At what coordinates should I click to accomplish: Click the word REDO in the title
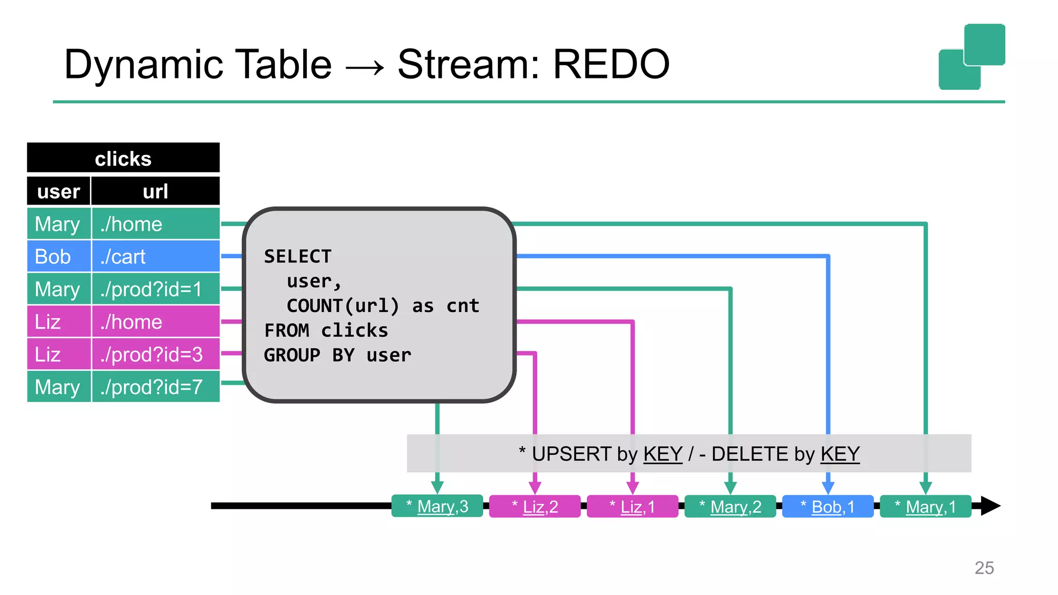coord(611,65)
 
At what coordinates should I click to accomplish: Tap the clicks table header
coord(123,158)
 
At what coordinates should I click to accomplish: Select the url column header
coord(155,191)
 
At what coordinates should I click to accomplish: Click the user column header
coord(58,191)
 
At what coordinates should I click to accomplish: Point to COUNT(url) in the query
coord(343,306)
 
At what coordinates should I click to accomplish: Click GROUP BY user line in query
coord(337,355)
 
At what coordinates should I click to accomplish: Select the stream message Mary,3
coord(437,506)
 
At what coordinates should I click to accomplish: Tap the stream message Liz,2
coord(535,507)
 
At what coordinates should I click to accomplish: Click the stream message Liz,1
coord(632,507)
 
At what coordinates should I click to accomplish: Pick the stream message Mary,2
coord(730,507)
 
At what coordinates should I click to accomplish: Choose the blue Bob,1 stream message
coord(828,507)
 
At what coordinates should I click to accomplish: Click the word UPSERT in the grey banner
coord(571,454)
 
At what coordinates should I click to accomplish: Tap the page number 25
coord(984,568)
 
